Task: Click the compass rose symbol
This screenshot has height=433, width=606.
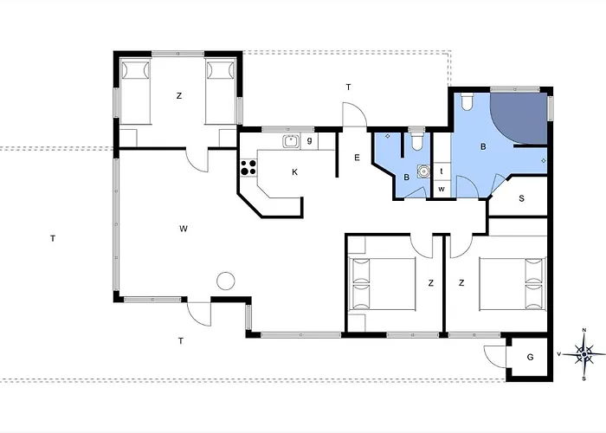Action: (x=584, y=353)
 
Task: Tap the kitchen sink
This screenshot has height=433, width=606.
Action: (x=291, y=141)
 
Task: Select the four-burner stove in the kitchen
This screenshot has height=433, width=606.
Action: (x=248, y=168)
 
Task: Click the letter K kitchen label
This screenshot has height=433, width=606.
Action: (x=295, y=172)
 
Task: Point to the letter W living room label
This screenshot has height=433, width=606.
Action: (x=184, y=229)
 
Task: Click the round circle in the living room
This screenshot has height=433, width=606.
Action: (x=226, y=281)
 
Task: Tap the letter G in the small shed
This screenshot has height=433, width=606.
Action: (x=530, y=357)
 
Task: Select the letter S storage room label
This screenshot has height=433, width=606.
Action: (x=521, y=198)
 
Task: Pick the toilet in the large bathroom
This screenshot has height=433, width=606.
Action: (x=467, y=101)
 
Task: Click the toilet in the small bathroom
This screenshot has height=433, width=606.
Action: (x=416, y=141)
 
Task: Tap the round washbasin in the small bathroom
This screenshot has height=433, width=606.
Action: (x=424, y=171)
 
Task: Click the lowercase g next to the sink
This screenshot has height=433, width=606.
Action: (x=309, y=140)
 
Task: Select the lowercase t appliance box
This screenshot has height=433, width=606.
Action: (x=442, y=171)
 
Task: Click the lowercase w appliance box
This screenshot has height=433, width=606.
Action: (x=442, y=190)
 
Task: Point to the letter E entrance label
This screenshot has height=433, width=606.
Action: (x=357, y=158)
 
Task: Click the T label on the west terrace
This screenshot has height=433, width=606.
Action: (x=53, y=238)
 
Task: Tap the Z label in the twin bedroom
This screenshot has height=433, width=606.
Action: (x=179, y=95)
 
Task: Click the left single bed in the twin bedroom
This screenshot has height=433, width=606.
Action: (x=135, y=92)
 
